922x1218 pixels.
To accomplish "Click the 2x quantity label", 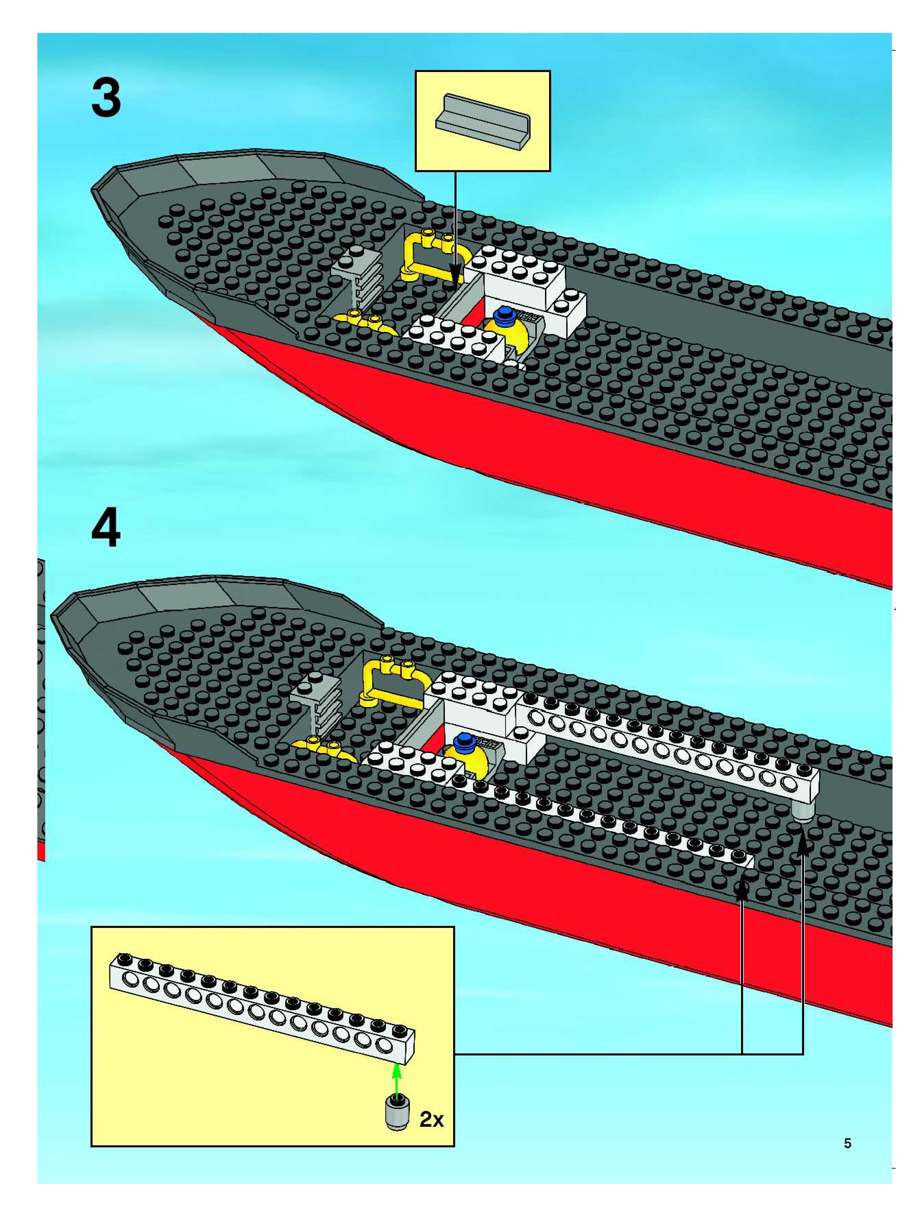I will pyautogui.click(x=431, y=1119).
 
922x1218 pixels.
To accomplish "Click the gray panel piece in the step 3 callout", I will pyautogui.click(x=483, y=121).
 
